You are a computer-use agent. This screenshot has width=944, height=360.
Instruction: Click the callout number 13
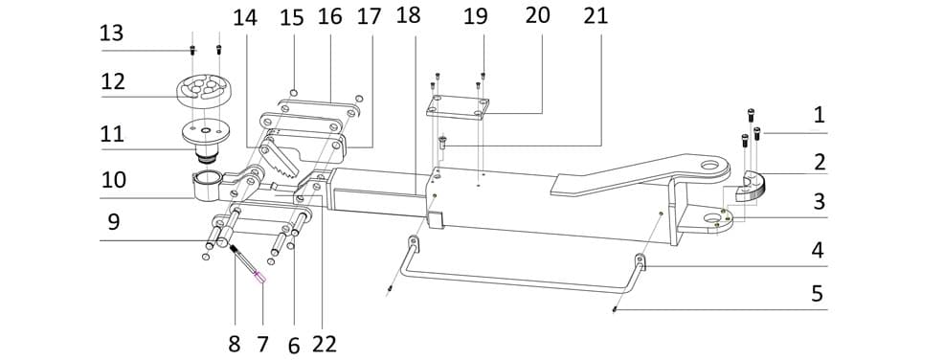pos(111,34)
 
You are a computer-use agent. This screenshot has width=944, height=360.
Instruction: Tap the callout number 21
pos(596,16)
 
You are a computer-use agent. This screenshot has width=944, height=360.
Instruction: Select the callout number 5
pos(817,295)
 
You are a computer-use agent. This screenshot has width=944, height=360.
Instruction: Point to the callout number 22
pos(324,345)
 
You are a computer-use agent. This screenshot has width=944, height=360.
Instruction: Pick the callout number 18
pos(408,15)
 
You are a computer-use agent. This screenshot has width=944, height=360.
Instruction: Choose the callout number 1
pos(819,115)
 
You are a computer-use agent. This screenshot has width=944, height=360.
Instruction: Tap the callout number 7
pos(262,345)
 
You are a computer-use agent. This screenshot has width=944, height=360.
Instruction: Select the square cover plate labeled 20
pos(457,106)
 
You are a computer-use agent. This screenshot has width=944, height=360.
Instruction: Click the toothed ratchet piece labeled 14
pos(281,156)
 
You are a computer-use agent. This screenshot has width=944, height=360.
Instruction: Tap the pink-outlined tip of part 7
pos(259,278)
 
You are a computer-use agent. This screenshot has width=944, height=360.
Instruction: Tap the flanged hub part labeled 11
pos(205,140)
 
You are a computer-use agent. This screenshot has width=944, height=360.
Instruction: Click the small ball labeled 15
pos(293,92)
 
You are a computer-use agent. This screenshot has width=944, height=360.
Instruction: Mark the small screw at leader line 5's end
pos(614,309)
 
